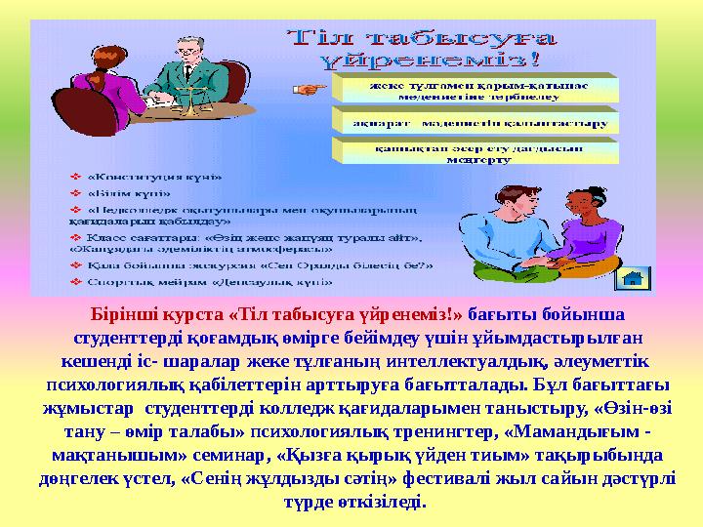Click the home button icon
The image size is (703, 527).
click(x=632, y=277)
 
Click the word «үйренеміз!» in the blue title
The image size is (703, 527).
click(x=430, y=59)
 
